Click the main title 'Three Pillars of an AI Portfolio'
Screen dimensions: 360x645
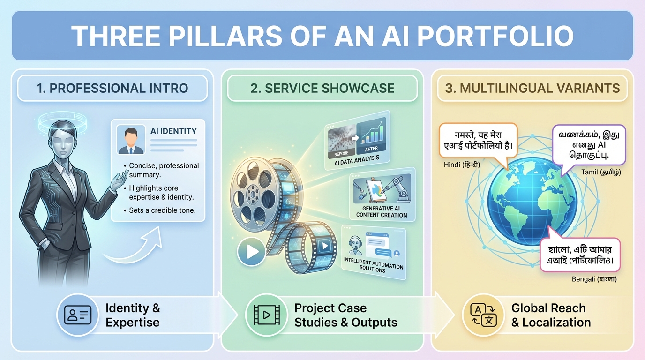[x=322, y=36]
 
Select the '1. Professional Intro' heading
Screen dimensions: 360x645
[x=112, y=88]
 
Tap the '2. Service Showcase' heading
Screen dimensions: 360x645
[x=322, y=88]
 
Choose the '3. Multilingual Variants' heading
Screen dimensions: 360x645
[x=532, y=88]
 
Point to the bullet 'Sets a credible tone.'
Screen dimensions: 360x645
[x=162, y=210]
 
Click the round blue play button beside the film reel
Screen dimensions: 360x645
[x=252, y=252]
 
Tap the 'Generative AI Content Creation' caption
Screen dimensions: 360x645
[x=382, y=211]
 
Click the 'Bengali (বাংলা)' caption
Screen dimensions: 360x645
[x=594, y=279]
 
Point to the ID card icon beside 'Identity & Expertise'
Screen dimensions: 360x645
[x=78, y=315]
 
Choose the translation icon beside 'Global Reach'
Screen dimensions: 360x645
[x=483, y=315]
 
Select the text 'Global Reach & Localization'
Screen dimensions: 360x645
[x=551, y=315]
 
